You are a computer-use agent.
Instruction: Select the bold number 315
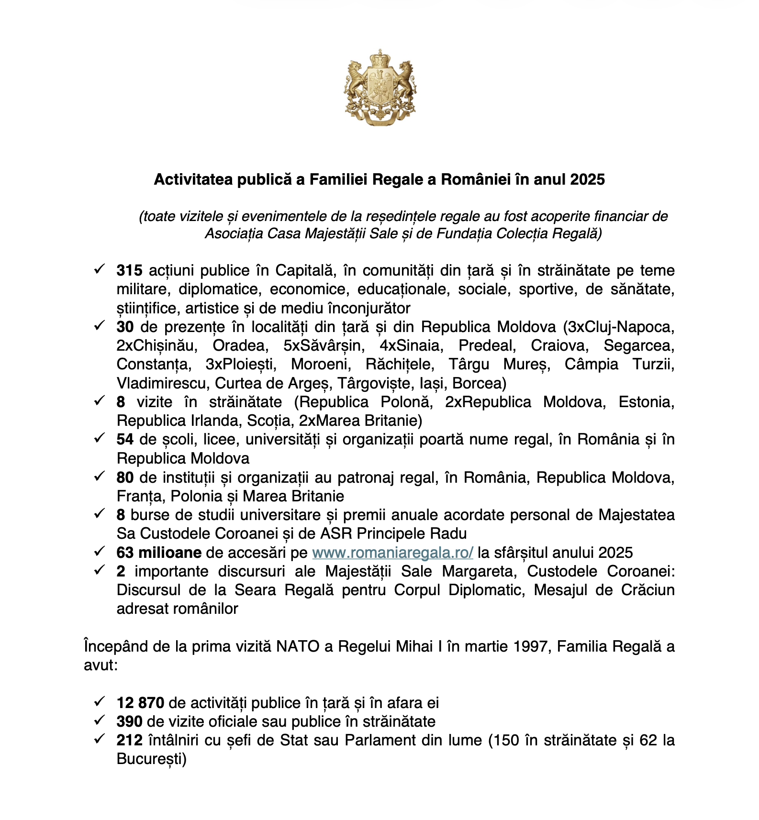(129, 270)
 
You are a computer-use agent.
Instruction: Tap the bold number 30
(125, 327)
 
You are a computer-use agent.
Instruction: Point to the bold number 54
(125, 439)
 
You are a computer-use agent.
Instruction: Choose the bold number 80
(125, 477)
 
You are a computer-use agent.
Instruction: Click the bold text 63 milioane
(158, 553)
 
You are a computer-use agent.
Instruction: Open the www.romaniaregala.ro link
(392, 553)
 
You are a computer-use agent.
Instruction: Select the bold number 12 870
(140, 703)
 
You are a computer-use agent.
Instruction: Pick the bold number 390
(129, 721)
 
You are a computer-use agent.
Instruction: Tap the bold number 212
(129, 740)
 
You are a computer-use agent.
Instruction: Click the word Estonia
(646, 402)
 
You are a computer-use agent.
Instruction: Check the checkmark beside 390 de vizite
(99, 720)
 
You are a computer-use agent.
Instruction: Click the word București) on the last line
(151, 759)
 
